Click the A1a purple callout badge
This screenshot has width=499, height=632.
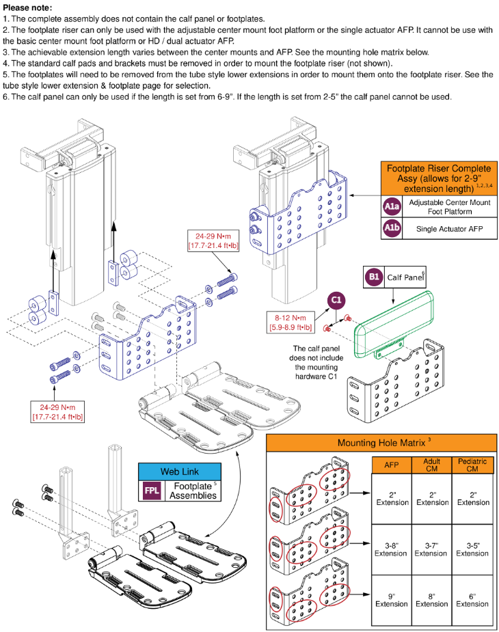(x=392, y=206)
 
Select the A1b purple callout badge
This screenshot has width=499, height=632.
(x=392, y=229)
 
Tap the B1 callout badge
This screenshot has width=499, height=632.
(x=374, y=277)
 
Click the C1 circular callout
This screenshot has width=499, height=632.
(x=336, y=301)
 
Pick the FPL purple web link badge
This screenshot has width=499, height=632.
(x=151, y=491)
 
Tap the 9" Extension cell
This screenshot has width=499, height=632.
(x=391, y=599)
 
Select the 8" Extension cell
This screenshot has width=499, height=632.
(x=432, y=599)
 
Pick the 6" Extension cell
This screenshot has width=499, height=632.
(x=472, y=599)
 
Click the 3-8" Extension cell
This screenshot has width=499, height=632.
(x=391, y=549)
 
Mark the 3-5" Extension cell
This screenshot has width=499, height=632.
(x=472, y=549)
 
